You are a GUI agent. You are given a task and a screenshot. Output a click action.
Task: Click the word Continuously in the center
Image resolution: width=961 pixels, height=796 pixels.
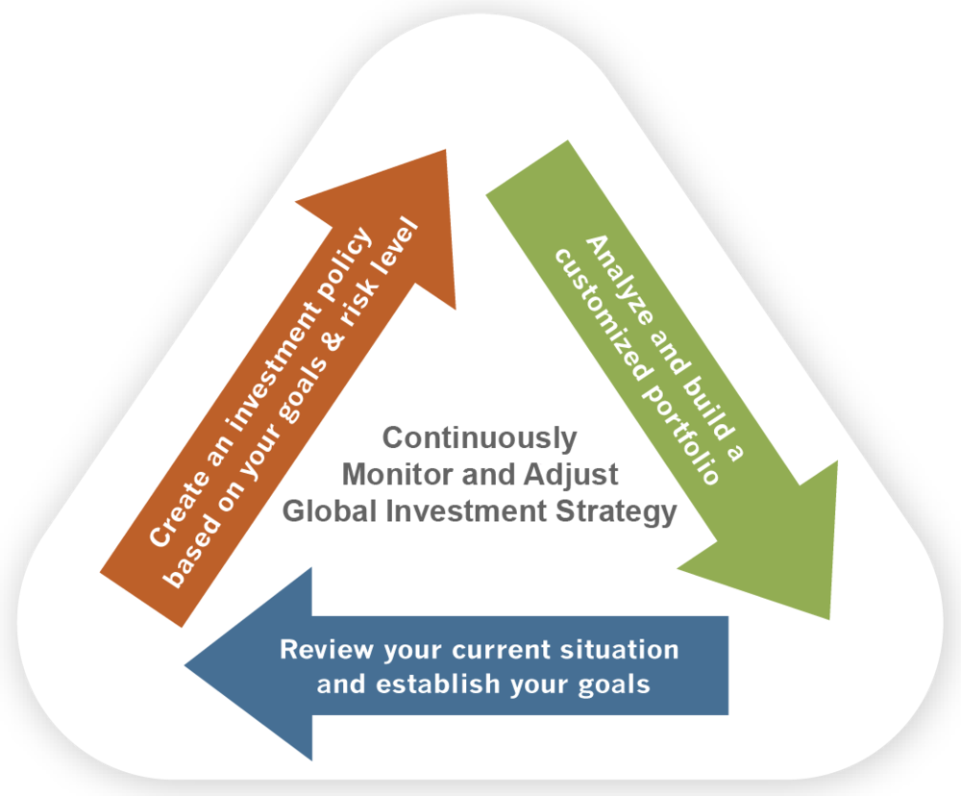(480, 438)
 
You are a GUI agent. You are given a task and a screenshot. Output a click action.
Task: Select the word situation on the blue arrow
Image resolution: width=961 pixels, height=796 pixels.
(620, 649)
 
